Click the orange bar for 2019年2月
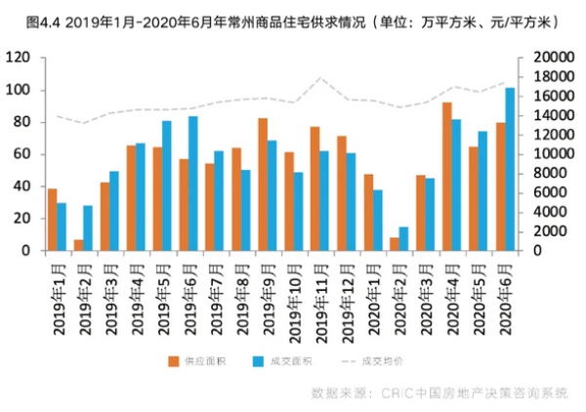pos(79,245)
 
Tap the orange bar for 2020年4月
pos(447,176)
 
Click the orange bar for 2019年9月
pos(263,185)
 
